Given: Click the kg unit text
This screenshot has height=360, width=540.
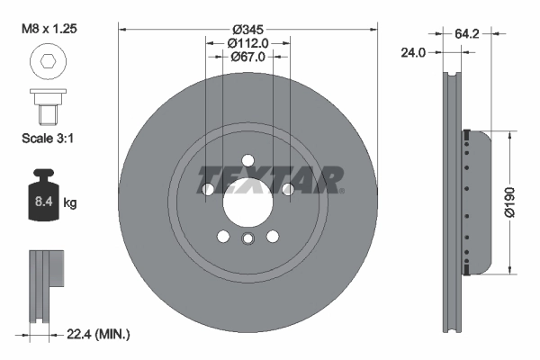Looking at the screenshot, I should click(70, 203).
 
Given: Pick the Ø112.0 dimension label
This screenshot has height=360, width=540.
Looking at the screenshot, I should click(247, 43).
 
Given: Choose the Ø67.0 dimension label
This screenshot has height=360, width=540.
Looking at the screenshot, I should click(247, 58).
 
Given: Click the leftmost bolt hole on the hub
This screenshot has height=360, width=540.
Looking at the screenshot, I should click(209, 190).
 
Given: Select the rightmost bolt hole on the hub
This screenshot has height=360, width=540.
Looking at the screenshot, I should click(287, 190).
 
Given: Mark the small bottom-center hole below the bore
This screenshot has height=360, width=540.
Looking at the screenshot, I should click(247, 238).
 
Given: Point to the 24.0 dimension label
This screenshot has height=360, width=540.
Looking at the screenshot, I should click(413, 53).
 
